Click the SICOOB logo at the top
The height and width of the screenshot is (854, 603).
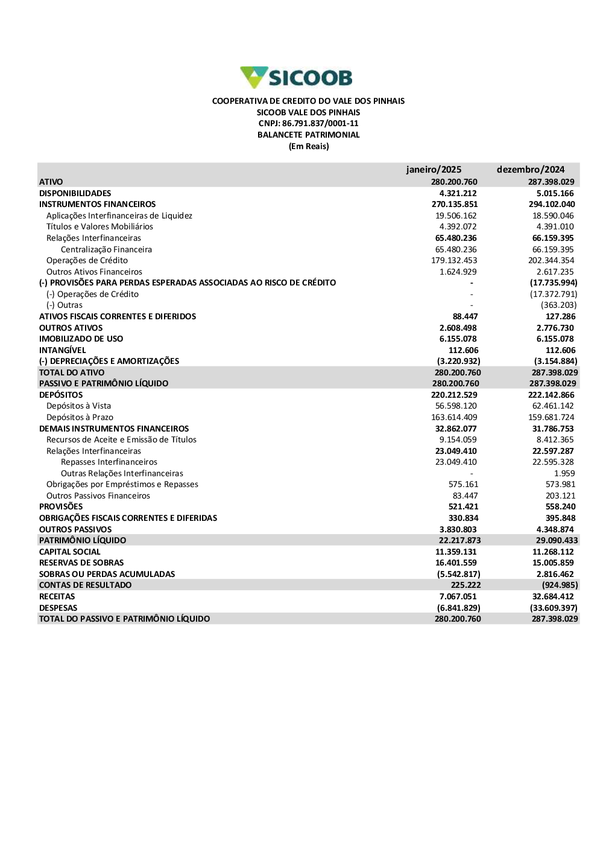click(x=296, y=78)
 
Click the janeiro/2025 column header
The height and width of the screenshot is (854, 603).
click(x=434, y=170)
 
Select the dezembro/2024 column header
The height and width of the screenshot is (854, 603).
click(x=531, y=170)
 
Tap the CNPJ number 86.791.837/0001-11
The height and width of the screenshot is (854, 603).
click(x=320, y=124)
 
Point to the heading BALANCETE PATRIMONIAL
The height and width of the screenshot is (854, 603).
click(x=308, y=135)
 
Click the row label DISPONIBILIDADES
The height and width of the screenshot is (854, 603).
click(x=75, y=193)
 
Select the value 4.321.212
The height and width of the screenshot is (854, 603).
click(x=458, y=193)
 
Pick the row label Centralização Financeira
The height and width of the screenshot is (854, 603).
click(x=106, y=249)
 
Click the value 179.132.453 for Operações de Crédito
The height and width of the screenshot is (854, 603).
click(x=456, y=261)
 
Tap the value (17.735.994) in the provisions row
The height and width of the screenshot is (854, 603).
click(x=554, y=283)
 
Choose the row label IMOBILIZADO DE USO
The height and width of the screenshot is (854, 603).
click(x=81, y=339)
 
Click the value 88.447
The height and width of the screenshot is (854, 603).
click(x=465, y=317)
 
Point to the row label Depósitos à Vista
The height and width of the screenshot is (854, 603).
click(x=78, y=406)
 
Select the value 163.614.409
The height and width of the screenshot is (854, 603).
click(x=454, y=418)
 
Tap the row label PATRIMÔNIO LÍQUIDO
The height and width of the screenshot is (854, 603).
click(x=83, y=541)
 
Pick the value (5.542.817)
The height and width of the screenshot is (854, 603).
click(x=458, y=575)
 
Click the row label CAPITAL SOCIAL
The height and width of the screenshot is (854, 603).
click(x=70, y=552)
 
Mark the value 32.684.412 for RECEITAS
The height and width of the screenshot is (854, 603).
click(x=553, y=597)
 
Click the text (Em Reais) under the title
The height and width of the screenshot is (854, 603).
click(x=309, y=147)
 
